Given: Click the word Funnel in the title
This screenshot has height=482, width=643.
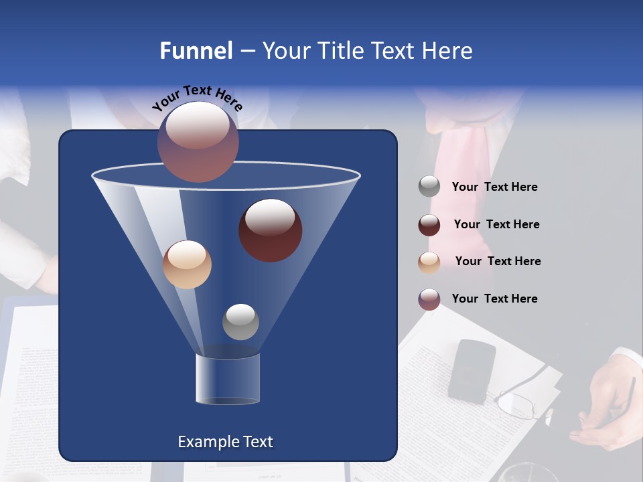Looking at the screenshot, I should (196, 51).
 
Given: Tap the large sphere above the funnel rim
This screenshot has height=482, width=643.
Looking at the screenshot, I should (198, 142).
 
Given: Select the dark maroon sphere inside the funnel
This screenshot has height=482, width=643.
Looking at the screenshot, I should (270, 230).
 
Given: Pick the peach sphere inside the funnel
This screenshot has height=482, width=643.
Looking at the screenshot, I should (187, 264).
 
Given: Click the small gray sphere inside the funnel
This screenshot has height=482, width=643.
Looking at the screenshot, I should (240, 321).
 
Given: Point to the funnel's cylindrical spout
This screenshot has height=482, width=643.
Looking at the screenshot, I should (228, 379).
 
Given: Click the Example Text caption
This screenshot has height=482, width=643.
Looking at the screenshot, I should (225, 442).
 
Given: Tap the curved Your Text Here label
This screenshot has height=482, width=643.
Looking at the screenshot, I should (198, 99).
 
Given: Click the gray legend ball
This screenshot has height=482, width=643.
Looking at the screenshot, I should (429, 187).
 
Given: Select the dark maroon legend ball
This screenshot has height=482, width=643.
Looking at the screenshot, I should (429, 225).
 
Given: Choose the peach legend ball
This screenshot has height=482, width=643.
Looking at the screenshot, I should (429, 262).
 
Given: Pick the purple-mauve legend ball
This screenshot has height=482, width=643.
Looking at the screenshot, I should (429, 299).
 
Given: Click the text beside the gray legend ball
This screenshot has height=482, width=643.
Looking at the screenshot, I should (494, 187).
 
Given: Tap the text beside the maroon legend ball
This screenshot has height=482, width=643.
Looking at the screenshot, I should (496, 225).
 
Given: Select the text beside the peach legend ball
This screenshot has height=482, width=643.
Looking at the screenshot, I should (498, 262).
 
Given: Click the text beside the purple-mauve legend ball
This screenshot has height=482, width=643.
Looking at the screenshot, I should (494, 299).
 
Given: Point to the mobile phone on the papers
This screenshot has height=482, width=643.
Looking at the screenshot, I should (472, 371).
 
